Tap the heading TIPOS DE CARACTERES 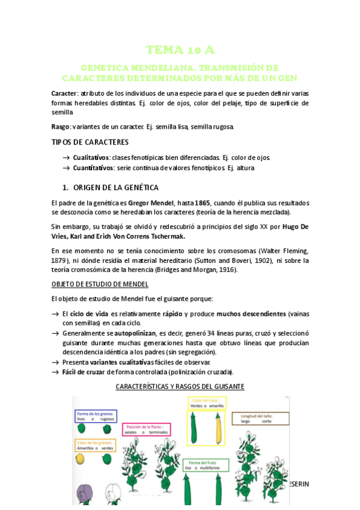[90, 142]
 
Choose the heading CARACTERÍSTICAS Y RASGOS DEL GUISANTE [180, 386]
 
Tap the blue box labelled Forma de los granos [96, 416]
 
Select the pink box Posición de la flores [146, 429]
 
